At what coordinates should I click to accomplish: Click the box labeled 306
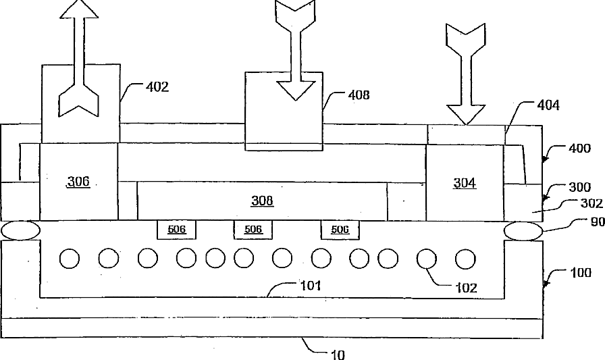pyautogui.click(x=78, y=182)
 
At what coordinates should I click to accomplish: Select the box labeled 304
pyautogui.click(x=465, y=182)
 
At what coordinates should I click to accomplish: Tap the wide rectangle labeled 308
pyautogui.click(x=262, y=201)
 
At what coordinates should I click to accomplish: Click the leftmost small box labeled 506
pyautogui.click(x=177, y=230)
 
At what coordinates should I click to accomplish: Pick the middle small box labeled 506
pyautogui.click(x=253, y=230)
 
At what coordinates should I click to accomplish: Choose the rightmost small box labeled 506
pyautogui.click(x=340, y=230)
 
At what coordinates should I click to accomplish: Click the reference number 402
pyautogui.click(x=157, y=86)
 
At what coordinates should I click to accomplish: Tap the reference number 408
pyautogui.click(x=359, y=95)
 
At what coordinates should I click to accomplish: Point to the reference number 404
pyautogui.click(x=548, y=105)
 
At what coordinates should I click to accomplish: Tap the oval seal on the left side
pyautogui.click(x=20, y=230)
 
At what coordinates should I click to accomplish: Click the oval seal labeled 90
pyautogui.click(x=523, y=230)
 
